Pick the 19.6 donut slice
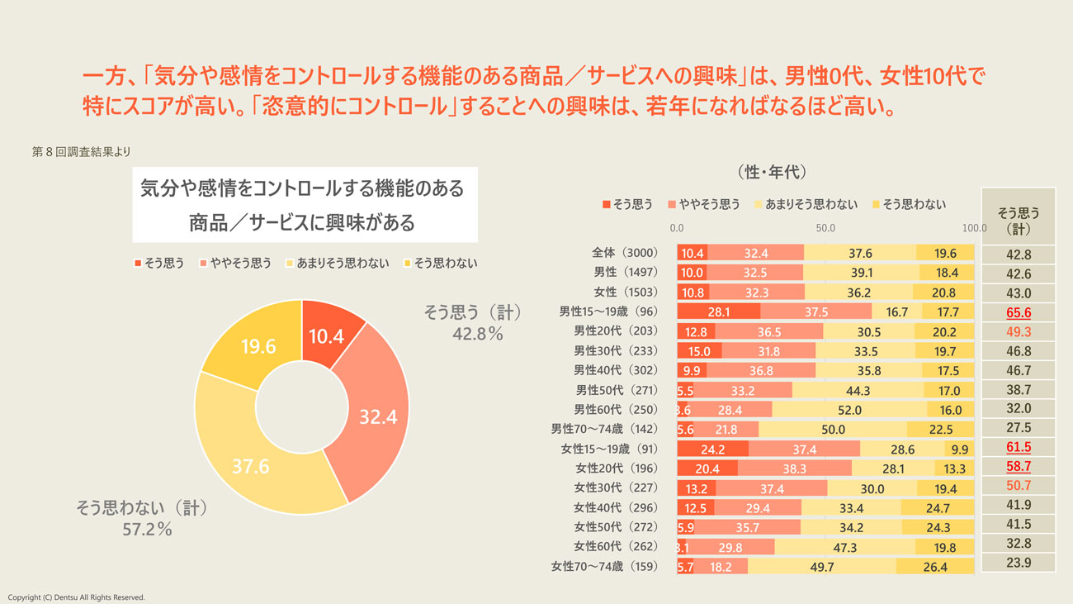pyautogui.click(x=258, y=347)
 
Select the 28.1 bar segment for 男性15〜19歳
pyautogui.click(x=718, y=312)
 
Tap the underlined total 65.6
pyautogui.click(x=1019, y=312)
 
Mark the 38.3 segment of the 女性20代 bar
pyautogui.click(x=794, y=468)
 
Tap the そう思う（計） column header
pyautogui.click(x=1019, y=220)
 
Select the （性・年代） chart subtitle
pyautogui.click(x=770, y=173)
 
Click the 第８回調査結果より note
pyautogui.click(x=81, y=152)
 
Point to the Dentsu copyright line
pyautogui.click(x=76, y=597)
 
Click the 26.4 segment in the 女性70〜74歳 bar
pyautogui.click(x=934, y=567)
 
